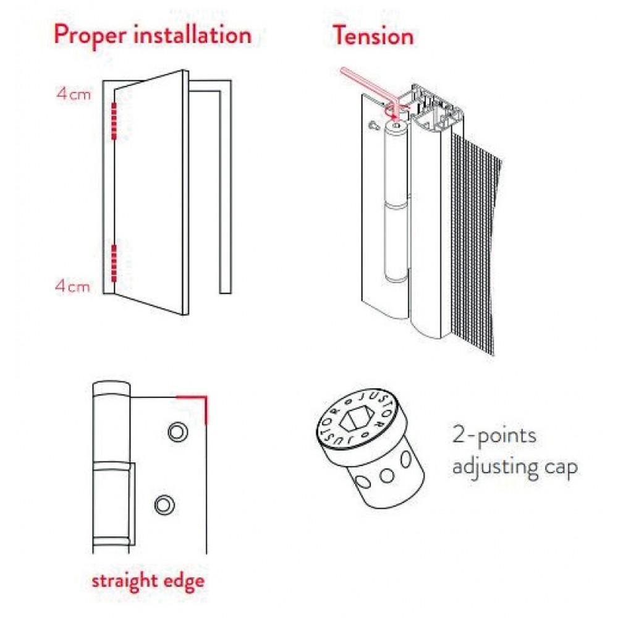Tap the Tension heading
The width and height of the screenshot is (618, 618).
(374, 35)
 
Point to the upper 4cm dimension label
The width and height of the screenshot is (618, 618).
(74, 94)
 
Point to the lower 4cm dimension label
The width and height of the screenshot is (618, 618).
(73, 286)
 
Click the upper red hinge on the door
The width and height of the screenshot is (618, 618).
(114, 121)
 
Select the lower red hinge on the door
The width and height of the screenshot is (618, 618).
(114, 263)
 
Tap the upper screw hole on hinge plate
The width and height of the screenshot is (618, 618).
(178, 432)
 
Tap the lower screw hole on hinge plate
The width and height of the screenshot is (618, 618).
(165, 504)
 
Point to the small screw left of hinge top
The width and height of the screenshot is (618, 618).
(374, 125)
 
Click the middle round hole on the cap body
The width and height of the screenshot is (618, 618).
(387, 476)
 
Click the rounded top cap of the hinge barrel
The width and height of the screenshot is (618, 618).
(111, 389)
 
